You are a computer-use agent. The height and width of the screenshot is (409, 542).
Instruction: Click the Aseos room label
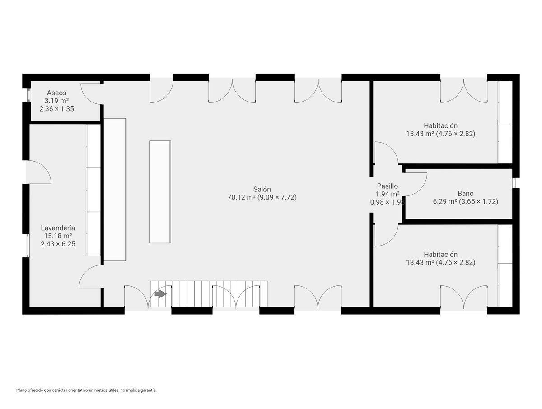(56, 93)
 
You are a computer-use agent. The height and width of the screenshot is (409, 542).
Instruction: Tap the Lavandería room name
(58, 228)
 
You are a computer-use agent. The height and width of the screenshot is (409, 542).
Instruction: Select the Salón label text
(262, 189)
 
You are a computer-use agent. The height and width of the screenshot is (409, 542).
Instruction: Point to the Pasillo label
(387, 186)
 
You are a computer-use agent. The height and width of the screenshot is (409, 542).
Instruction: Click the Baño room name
(466, 193)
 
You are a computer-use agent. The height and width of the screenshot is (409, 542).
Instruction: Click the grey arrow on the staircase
(160, 294)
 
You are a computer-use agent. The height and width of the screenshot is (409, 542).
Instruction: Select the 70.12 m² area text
(241, 197)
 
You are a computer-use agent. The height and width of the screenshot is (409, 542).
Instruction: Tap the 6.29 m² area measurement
(445, 201)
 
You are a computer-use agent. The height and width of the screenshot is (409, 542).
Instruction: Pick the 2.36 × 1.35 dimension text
(56, 109)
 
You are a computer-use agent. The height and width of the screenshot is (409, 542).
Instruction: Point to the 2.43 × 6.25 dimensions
(58, 244)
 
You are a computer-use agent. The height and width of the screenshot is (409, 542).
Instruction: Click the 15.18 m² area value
(58, 236)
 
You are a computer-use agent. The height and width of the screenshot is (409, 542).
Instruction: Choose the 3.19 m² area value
(56, 101)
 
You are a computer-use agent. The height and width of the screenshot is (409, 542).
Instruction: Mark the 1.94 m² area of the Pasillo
(387, 194)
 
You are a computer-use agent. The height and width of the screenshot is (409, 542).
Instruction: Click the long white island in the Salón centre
(160, 192)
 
